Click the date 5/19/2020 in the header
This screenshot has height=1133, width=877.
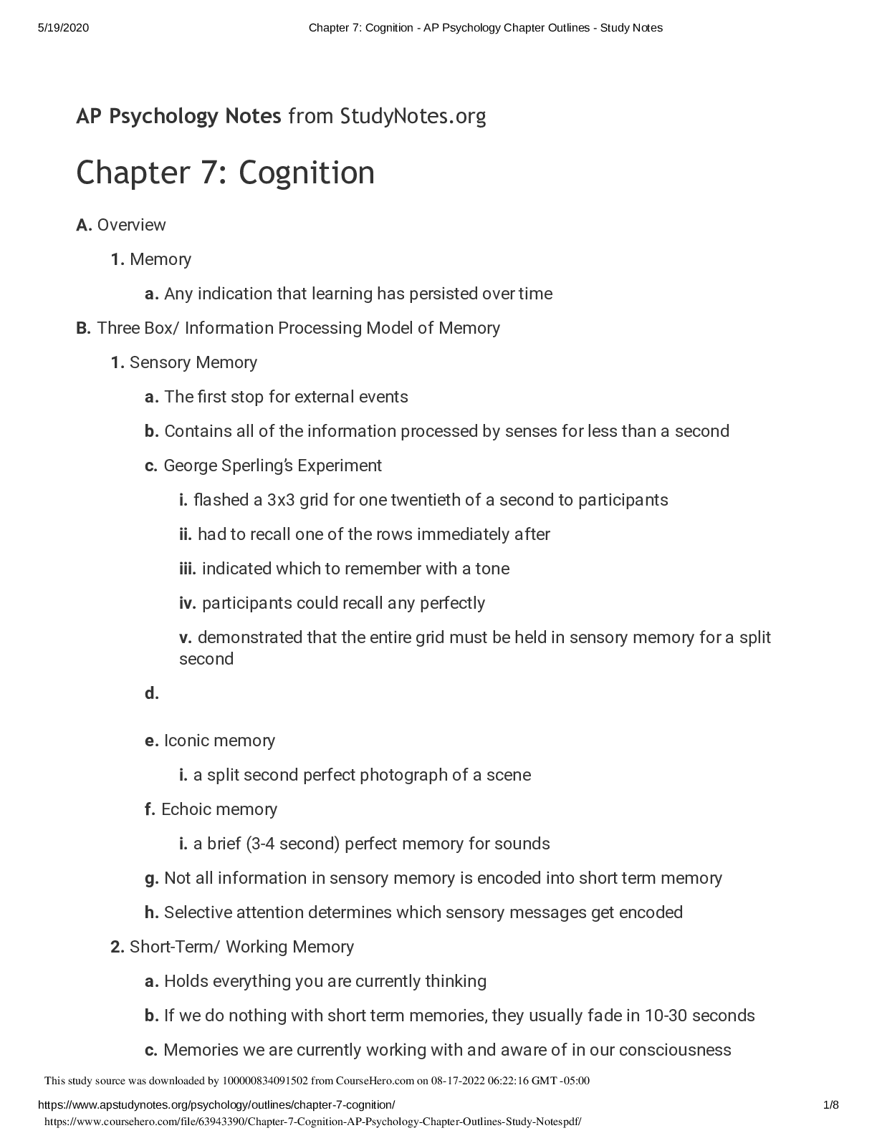(63, 28)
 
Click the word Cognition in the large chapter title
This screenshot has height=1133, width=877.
(306, 173)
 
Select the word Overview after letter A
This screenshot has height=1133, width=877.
(131, 225)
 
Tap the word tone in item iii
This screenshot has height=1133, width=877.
(492, 569)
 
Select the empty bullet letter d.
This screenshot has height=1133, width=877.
(151, 693)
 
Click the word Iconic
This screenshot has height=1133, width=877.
(187, 741)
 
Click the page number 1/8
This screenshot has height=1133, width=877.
(831, 1105)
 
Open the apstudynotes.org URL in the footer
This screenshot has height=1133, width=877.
(216, 1105)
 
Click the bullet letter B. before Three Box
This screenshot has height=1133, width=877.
(83, 328)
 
